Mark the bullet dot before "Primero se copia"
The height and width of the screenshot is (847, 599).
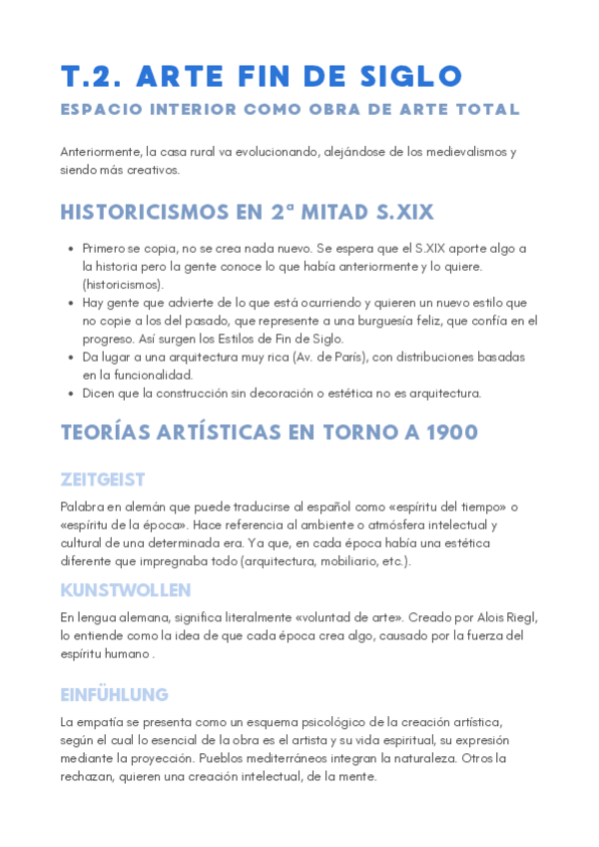pos(69,249)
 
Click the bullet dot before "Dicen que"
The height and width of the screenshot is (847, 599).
pos(69,394)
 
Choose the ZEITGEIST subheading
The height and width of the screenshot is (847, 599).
pos(103,479)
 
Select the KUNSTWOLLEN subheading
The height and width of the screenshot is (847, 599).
pos(126,590)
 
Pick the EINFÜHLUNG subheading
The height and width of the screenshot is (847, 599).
pos(115,694)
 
